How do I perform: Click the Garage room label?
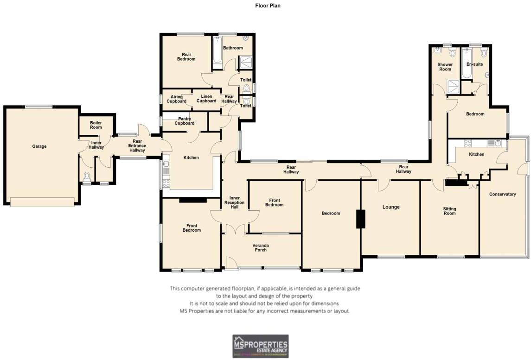click(x=39, y=146)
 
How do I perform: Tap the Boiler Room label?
click(x=96, y=125)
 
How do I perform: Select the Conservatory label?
click(x=502, y=194)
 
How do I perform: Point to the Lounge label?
click(x=391, y=207)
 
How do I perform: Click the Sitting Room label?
click(x=449, y=211)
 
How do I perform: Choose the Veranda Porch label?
click(x=260, y=247)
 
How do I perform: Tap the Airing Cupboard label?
click(x=177, y=99)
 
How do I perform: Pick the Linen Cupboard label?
click(x=206, y=99)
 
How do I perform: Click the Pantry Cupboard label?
click(x=184, y=121)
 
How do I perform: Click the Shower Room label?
click(x=445, y=67)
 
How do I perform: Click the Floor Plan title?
click(x=268, y=6)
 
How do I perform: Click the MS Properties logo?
click(x=260, y=346)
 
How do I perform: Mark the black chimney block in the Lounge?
click(x=360, y=219)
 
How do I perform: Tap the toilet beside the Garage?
click(x=86, y=176)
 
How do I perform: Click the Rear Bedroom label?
click(x=186, y=57)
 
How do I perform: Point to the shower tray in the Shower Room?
click(x=451, y=86)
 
